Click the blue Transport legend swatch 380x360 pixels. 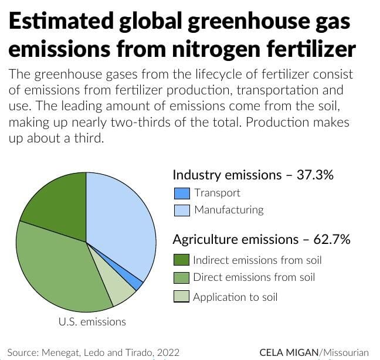click(x=182, y=193)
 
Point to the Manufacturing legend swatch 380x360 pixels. click(x=182, y=209)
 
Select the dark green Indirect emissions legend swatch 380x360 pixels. click(x=182, y=260)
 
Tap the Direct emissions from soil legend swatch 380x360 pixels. click(x=182, y=277)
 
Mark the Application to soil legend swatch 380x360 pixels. click(x=182, y=297)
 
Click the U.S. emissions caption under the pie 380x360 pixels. click(x=92, y=321)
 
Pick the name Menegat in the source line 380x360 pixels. click(x=59, y=352)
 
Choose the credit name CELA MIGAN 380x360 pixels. click(x=289, y=352)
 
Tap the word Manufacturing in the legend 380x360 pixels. click(x=229, y=209)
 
